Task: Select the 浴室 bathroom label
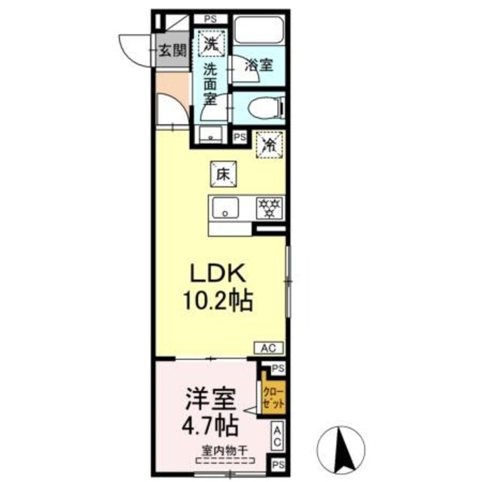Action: point(260,66)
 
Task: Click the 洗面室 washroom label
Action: point(212,83)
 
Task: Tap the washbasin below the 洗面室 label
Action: point(212,134)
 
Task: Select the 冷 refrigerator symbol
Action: point(267,145)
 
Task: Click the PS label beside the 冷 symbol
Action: point(239,137)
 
